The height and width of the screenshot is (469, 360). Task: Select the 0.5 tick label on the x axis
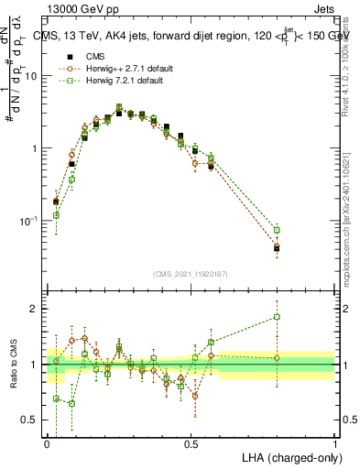[191, 443]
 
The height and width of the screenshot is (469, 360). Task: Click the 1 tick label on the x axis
[335, 443]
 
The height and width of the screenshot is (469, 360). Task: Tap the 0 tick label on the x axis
[47, 443]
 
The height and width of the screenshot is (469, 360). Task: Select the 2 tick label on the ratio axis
[37, 309]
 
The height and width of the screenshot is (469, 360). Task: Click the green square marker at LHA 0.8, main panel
[277, 230]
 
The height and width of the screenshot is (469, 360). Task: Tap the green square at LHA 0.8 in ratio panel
[277, 318]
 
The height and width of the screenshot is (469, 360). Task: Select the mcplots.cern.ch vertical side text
[345, 211]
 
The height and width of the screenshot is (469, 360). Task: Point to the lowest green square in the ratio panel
[71, 403]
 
